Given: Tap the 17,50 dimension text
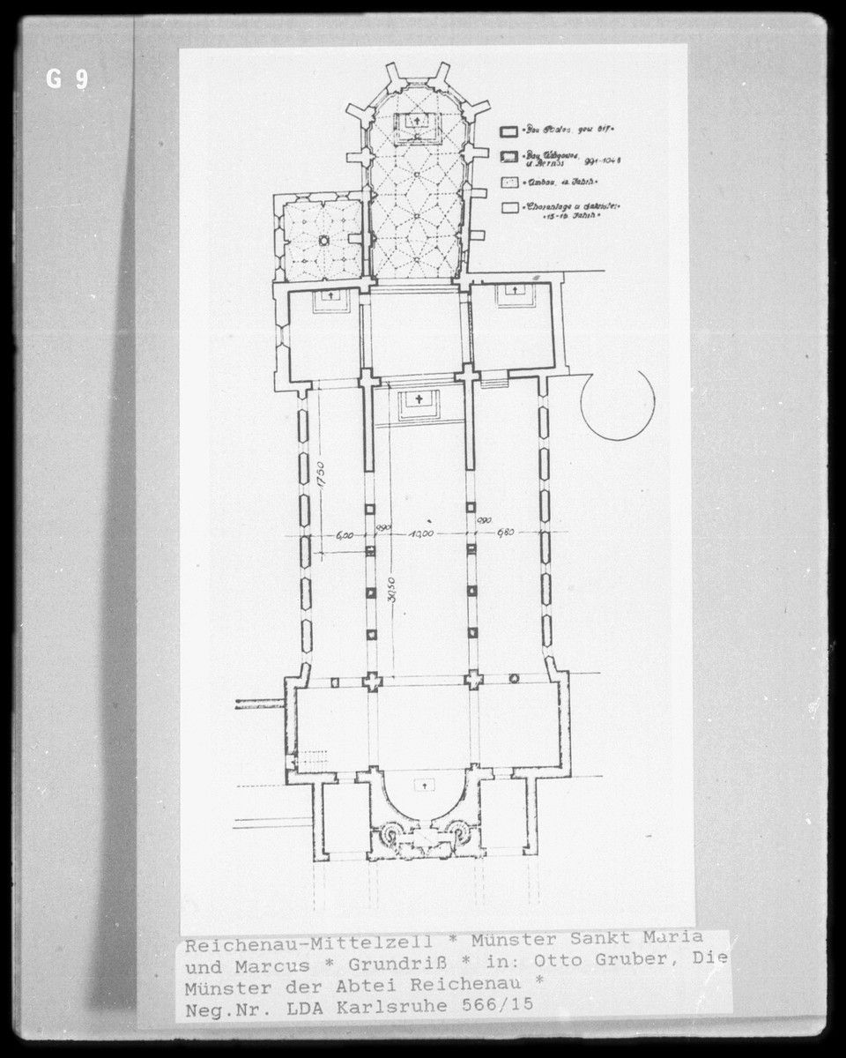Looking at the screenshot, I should click(323, 480).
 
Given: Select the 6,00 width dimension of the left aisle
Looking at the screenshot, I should click(345, 534).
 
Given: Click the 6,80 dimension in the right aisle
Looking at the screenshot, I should click(505, 533).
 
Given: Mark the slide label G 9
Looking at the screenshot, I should click(68, 80).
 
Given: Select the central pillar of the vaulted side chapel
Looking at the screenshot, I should click(323, 240).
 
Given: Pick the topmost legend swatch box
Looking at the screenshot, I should click(508, 131).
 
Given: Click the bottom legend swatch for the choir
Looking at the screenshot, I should click(508, 209).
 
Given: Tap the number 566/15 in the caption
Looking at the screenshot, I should click(501, 1003).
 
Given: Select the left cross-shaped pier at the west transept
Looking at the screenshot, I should click(373, 680).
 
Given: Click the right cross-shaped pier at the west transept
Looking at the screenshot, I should click(474, 680).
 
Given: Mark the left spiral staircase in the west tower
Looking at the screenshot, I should click(389, 832).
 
